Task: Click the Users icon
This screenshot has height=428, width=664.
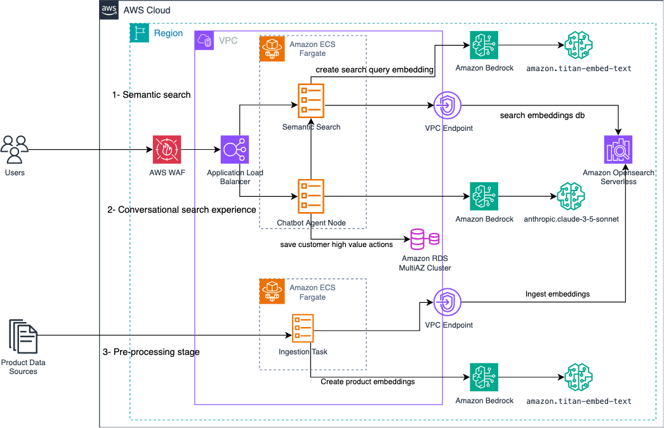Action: click(x=15, y=150)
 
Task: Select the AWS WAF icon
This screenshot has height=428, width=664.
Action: click(x=166, y=150)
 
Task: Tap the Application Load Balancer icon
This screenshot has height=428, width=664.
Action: click(x=234, y=150)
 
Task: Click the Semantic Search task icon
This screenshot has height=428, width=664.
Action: click(x=311, y=100)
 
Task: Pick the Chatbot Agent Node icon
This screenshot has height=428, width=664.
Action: click(x=311, y=196)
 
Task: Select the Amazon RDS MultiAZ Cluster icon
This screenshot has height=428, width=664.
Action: click(x=425, y=239)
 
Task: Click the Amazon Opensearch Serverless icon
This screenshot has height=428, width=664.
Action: click(x=618, y=150)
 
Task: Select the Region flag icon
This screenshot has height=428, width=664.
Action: click(x=139, y=33)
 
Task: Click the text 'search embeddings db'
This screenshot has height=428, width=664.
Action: click(x=542, y=116)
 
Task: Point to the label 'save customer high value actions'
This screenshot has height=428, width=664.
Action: click(x=336, y=244)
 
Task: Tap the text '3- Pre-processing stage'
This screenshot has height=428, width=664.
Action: click(x=151, y=352)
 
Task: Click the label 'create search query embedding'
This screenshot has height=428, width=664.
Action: click(x=375, y=69)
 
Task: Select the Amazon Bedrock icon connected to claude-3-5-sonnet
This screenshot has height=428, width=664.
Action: click(x=484, y=196)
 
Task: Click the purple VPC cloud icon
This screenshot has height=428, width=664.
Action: click(x=205, y=41)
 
